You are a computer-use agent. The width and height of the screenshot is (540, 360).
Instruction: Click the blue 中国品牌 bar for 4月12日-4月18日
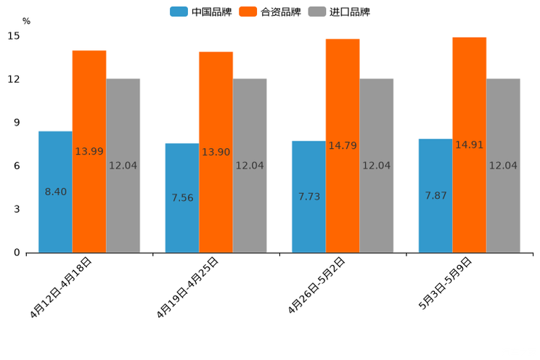pos(55,218)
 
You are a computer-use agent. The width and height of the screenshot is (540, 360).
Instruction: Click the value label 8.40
pos(56,192)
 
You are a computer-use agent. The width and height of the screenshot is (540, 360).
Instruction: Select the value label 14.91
pos(469,144)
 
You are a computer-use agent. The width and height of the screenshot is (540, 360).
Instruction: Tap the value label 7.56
pos(182,197)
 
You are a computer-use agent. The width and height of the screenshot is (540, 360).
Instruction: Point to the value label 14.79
pos(343,146)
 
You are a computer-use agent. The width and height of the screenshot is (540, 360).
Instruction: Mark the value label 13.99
pos(89,151)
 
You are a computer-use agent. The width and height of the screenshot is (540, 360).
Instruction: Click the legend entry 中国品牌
pos(201,12)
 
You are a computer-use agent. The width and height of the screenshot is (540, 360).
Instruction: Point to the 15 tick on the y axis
pos(15,36)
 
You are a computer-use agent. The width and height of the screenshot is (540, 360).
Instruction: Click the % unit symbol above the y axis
pos(26,21)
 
